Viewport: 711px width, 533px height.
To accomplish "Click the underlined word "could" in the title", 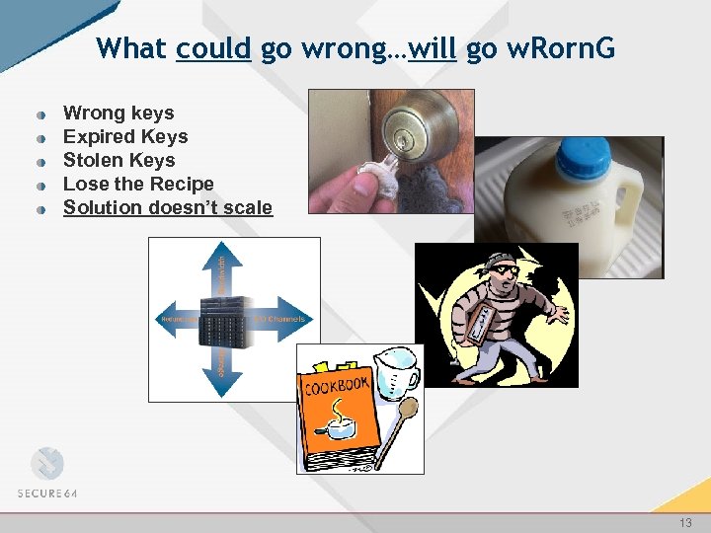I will click(213, 48).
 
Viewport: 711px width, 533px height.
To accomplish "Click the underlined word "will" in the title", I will click(432, 48).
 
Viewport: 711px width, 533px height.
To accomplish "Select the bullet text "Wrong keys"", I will click(118, 114).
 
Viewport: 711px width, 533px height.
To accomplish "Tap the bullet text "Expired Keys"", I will click(125, 137).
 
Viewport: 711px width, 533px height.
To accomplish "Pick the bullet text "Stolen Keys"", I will click(118, 161).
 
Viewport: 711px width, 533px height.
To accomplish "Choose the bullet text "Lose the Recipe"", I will click(138, 185).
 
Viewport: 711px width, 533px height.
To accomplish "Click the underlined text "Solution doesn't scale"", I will click(168, 208).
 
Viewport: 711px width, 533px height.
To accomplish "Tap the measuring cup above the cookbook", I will click(395, 369).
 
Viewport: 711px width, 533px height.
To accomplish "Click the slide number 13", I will click(685, 523).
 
